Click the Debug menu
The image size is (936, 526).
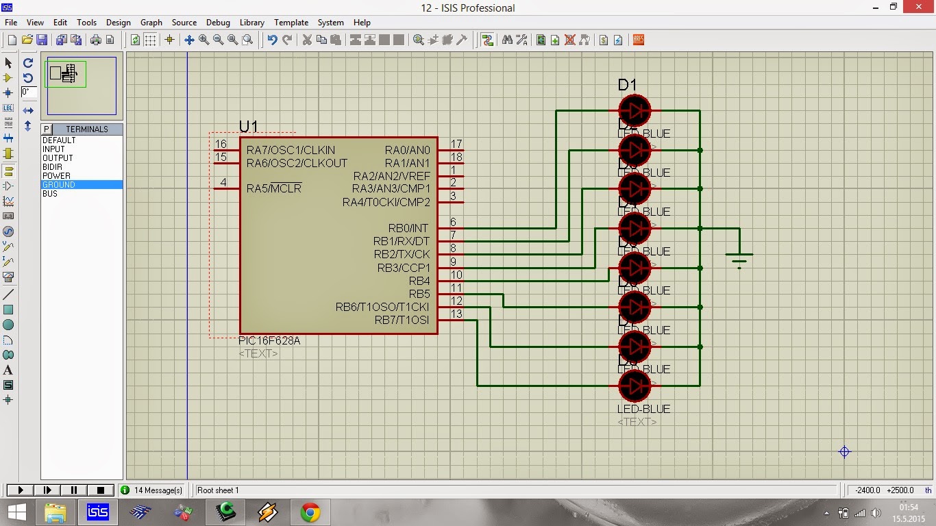coord(218,23)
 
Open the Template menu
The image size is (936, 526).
coord(291,23)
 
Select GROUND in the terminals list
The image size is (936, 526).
coord(59,185)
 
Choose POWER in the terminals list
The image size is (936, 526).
coord(56,176)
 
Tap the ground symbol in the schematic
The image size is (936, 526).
coord(739,260)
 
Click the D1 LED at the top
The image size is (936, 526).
coord(635,110)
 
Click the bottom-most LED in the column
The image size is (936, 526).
coord(635,386)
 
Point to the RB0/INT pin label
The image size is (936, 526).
coord(408,228)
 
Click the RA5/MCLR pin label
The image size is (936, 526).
coord(274,189)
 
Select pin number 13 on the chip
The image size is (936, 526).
coord(456,314)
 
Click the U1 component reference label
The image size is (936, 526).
coord(249,127)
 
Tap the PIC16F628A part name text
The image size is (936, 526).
coord(269,341)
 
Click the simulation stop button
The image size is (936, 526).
coord(101,490)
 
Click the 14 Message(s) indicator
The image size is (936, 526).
coord(151,490)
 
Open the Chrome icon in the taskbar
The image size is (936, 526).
coord(310,512)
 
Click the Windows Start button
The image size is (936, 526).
coord(16,512)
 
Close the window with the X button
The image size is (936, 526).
coord(919,7)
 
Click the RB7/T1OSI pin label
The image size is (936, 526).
coord(402,320)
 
